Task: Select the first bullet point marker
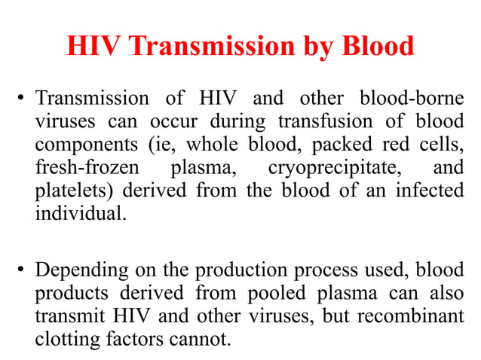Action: tap(23, 99)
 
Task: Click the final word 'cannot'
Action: tap(201, 339)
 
